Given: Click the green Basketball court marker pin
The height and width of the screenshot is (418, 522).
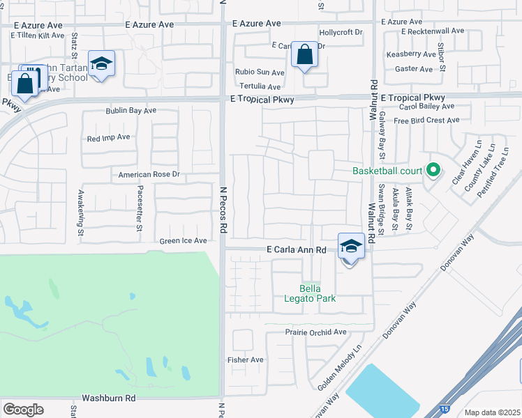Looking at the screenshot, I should click(x=433, y=170).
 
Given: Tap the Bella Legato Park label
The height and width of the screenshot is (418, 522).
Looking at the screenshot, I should click(x=318, y=293).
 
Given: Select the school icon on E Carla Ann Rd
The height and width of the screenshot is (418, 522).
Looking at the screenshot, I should click(x=351, y=247).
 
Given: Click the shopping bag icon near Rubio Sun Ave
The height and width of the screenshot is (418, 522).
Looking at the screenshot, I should click(x=305, y=55).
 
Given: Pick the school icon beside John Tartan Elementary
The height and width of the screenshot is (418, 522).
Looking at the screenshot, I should click(x=102, y=64).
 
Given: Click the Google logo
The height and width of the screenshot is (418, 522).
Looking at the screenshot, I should click(x=23, y=410).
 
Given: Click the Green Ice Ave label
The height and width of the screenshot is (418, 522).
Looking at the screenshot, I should click(x=184, y=241).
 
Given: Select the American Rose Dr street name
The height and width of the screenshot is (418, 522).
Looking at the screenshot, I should click(x=149, y=174).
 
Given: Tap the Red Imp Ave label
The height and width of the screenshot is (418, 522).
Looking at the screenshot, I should click(x=109, y=138).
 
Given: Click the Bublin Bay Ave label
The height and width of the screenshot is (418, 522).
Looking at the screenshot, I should click(x=131, y=111).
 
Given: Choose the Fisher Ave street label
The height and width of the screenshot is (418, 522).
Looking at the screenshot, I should click(x=246, y=359).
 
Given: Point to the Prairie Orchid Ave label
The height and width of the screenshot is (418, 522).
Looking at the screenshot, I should click(x=316, y=332).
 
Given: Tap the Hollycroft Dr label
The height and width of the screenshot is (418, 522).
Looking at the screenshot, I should click(x=341, y=32).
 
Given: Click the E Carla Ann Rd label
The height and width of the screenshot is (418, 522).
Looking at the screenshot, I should click(x=297, y=249).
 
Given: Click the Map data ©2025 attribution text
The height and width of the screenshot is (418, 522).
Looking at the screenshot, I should click(x=492, y=412).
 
